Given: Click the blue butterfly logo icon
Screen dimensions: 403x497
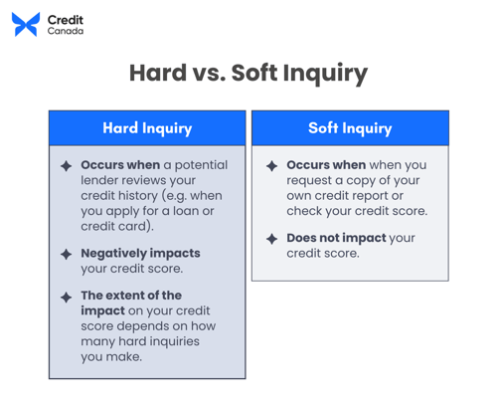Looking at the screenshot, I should click(26, 25).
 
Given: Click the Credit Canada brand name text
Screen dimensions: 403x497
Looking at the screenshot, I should click(66, 25).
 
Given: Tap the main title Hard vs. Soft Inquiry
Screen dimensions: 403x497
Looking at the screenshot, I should click(248, 74).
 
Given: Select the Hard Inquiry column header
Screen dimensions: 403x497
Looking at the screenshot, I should click(147, 128).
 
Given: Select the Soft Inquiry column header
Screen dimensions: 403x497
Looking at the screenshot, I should click(350, 128).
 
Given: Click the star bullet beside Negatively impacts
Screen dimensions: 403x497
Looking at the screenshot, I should click(66, 255).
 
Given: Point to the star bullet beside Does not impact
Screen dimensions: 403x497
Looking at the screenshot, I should click(271, 240).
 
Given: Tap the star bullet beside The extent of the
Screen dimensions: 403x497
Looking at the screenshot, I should click(66, 297).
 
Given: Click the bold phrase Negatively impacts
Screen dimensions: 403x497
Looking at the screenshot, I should click(140, 253).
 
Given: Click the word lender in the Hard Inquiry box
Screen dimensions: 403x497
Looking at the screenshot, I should click(102, 180).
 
